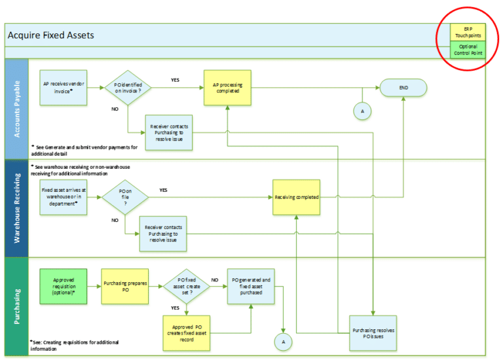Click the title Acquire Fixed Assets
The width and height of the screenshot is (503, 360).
(x=50, y=35)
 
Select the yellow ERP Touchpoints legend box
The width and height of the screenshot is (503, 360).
(x=468, y=32)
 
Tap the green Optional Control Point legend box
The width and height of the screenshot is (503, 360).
(x=468, y=50)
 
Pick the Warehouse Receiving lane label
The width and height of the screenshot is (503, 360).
(x=16, y=208)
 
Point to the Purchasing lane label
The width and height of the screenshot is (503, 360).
(x=16, y=306)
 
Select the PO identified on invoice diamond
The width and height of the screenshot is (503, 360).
(x=128, y=87)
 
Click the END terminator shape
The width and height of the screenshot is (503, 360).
(x=403, y=88)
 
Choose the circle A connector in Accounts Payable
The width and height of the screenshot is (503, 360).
(x=362, y=112)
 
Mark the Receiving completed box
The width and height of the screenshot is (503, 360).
(x=297, y=197)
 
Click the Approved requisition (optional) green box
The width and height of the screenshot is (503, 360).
(x=64, y=286)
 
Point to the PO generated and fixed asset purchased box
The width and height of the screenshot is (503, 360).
(x=251, y=286)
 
